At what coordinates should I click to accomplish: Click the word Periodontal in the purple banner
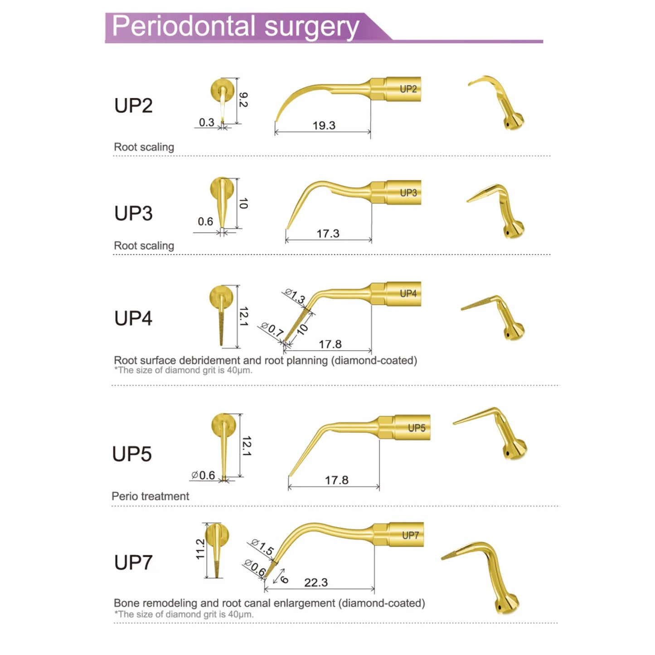pyautogui.click(x=184, y=26)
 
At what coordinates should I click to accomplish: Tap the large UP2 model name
pyautogui.click(x=133, y=105)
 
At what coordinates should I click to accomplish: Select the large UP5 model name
pyautogui.click(x=132, y=453)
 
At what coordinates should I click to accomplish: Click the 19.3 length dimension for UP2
pyautogui.click(x=324, y=126)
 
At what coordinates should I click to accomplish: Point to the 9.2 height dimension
pyautogui.click(x=243, y=100)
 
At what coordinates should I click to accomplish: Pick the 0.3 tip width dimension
pyautogui.click(x=207, y=122)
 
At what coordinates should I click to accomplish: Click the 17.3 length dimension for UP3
pyautogui.click(x=328, y=233)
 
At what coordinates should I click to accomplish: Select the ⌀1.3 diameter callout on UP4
pyautogui.click(x=295, y=296)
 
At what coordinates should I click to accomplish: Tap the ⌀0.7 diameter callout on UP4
pyautogui.click(x=272, y=329)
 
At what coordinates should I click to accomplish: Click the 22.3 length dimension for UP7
pyautogui.click(x=316, y=582)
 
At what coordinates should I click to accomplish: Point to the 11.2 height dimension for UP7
pyautogui.click(x=200, y=549)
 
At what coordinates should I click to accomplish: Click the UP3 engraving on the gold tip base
pyautogui.click(x=408, y=193)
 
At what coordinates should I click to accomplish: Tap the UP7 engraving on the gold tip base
pyautogui.click(x=410, y=535)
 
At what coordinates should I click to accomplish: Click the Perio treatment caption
pyautogui.click(x=150, y=496)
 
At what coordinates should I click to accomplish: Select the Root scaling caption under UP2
pyautogui.click(x=144, y=147)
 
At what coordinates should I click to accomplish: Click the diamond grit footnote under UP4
pyautogui.click(x=184, y=370)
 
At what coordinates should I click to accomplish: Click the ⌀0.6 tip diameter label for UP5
pyautogui.click(x=203, y=475)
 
